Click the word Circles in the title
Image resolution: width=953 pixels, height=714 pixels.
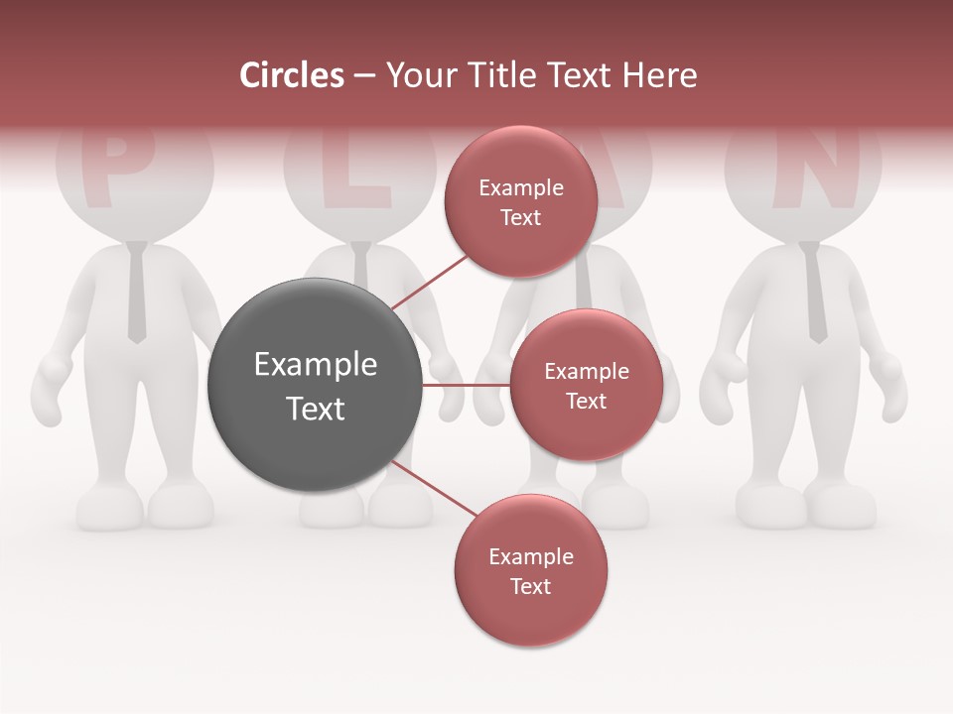292,75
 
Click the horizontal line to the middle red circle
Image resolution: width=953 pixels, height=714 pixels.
466,385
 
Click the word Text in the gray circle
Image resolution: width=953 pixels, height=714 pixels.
315,409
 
